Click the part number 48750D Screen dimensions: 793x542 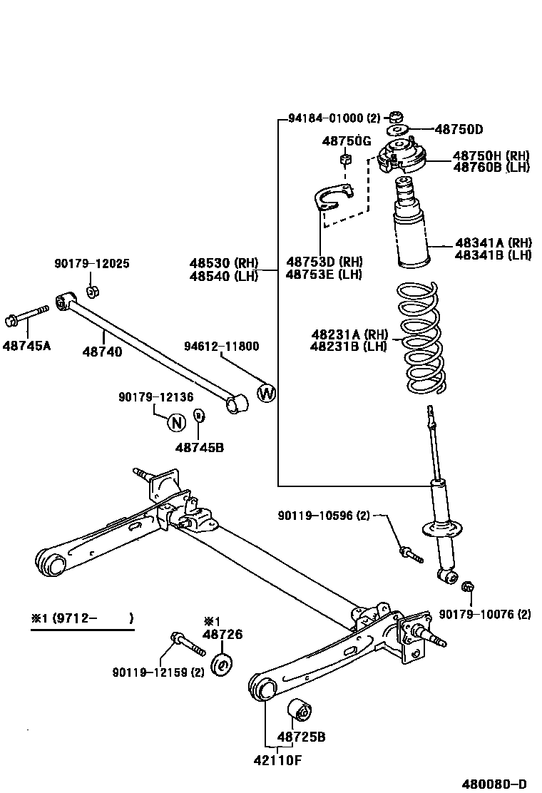coord(459,129)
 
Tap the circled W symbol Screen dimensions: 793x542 coord(266,393)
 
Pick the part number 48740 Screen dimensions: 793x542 coord(101,352)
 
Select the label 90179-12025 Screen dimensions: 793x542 coord(92,264)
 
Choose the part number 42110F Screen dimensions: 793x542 coord(277,759)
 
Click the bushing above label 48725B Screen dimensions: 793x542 coord(301,711)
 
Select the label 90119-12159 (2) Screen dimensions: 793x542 coord(158,672)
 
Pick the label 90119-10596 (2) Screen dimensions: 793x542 coord(324,515)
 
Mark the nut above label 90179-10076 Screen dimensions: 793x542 coord(468,587)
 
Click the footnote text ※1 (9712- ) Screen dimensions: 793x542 coord(81,618)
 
